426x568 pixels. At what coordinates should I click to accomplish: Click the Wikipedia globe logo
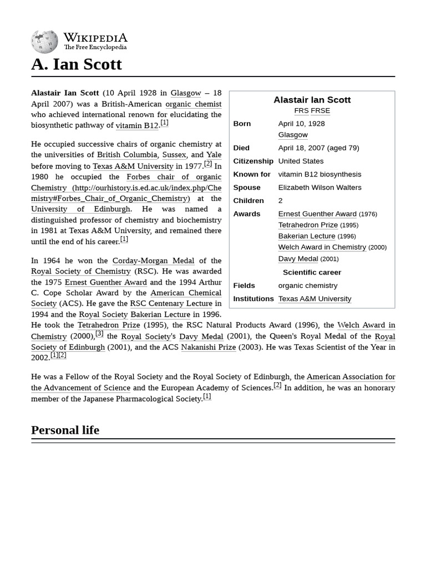[44, 42]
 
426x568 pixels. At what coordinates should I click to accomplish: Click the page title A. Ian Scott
[77, 64]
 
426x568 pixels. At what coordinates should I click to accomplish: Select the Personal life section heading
[65, 430]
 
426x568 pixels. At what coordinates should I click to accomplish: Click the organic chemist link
[193, 104]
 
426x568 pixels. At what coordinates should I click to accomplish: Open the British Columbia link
[127, 155]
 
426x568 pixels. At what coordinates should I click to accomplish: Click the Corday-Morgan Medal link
[153, 260]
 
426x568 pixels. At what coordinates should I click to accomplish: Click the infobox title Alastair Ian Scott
[312, 100]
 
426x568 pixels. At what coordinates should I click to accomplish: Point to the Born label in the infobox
[242, 124]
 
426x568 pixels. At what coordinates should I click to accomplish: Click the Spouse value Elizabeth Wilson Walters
[319, 187]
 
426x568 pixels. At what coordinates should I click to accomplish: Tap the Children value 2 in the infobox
[280, 201]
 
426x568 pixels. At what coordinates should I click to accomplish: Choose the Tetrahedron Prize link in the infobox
[308, 225]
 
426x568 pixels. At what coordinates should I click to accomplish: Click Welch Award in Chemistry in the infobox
[322, 247]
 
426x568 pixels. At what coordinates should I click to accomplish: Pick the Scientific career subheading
[312, 272]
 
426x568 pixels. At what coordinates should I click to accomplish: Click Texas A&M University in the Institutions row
[315, 299]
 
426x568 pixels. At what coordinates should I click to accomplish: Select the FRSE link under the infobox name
[320, 110]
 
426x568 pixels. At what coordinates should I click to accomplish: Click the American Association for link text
[351, 377]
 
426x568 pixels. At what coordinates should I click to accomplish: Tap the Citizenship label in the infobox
[253, 161]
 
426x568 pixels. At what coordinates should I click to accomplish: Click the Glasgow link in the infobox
[293, 135]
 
